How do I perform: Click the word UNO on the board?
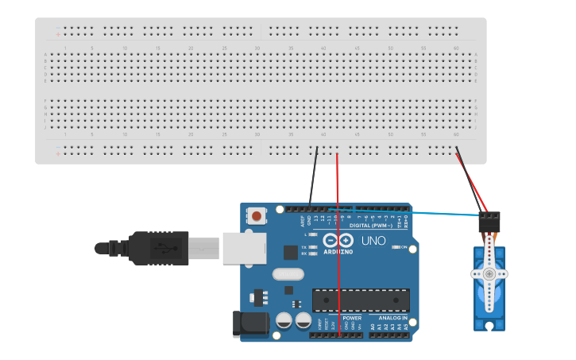373,241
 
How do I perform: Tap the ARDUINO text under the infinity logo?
338,251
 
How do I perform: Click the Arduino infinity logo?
338,240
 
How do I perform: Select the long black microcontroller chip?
361,300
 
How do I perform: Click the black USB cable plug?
159,248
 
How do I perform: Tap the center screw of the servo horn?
489,274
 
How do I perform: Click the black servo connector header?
489,220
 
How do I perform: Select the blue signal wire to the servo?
445,213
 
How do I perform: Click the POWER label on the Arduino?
352,318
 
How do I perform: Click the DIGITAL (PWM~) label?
365,226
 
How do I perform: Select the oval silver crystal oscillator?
287,274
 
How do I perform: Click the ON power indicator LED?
396,247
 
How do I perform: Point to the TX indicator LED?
315,248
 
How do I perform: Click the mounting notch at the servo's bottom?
489,326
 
